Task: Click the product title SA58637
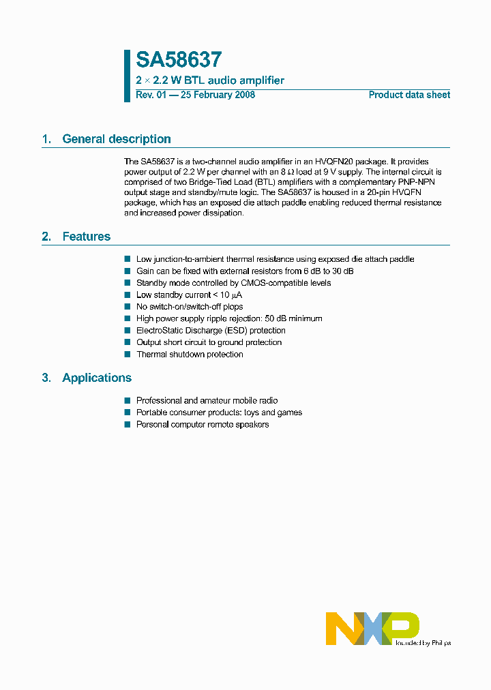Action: [x=179, y=61]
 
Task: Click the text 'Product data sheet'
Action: [x=409, y=95]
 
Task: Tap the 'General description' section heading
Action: [x=116, y=139]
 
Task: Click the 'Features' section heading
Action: [x=86, y=237]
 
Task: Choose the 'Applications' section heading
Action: [x=97, y=378]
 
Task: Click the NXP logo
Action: [x=372, y=628]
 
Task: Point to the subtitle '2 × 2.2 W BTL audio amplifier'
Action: [x=210, y=80]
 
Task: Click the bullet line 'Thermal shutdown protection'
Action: [x=190, y=355]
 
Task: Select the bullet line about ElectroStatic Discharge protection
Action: [x=211, y=331]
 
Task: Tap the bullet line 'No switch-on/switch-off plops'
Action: [x=190, y=307]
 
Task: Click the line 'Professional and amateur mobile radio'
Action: [x=207, y=401]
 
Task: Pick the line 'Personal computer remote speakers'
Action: [x=203, y=425]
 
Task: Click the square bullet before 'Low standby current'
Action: [x=127, y=295]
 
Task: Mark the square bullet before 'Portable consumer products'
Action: [x=127, y=412]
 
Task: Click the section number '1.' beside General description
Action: [x=46, y=139]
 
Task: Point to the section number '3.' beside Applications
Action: [x=46, y=378]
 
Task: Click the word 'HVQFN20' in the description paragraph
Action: [x=347, y=162]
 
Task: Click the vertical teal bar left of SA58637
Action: [x=127, y=76]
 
